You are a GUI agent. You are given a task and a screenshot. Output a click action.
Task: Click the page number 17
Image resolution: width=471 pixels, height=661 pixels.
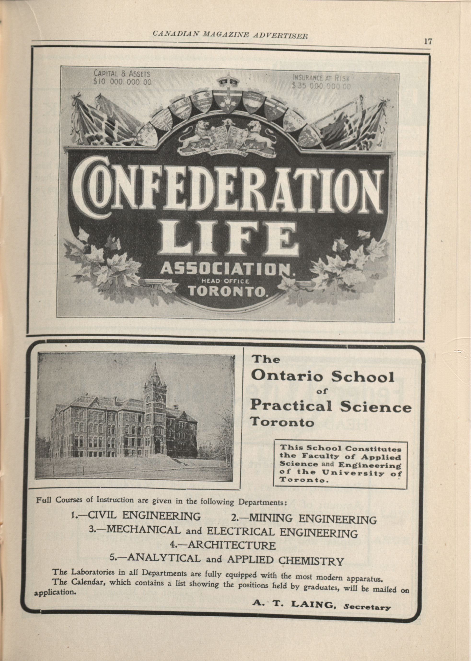point(428,41)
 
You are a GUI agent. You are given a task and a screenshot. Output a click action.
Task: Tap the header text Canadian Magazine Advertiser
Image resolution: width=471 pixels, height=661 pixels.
point(230,35)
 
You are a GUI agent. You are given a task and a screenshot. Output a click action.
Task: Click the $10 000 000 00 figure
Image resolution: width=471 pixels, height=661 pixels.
point(122,82)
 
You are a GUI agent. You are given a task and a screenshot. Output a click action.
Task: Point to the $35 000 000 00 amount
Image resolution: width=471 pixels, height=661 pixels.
point(321,86)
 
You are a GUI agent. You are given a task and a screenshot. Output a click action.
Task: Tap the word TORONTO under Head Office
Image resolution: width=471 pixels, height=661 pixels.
point(228,291)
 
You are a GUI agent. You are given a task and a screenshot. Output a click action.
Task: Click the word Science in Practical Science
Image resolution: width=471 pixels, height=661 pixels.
point(376,407)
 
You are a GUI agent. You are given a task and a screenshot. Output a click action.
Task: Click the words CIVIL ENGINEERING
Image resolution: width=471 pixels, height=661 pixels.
point(144,515)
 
